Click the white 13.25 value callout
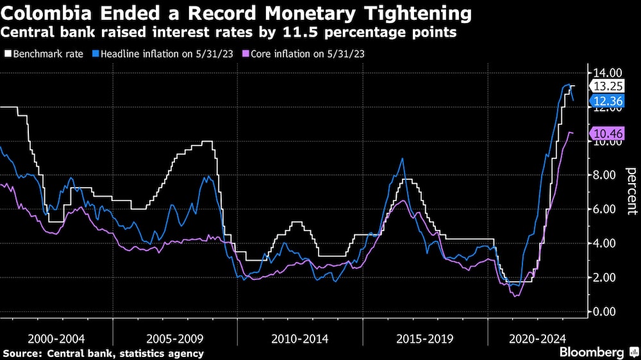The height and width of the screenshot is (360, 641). [606, 86]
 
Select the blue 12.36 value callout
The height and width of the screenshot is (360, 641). [606, 101]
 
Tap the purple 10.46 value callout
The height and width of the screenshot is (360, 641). [606, 133]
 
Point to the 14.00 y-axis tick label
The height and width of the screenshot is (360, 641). [605, 73]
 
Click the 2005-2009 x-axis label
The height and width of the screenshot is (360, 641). [174, 338]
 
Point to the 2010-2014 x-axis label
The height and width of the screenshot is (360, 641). [299, 338]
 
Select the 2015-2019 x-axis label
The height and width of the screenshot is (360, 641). [424, 338]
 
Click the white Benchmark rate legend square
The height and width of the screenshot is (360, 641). [7, 54]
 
